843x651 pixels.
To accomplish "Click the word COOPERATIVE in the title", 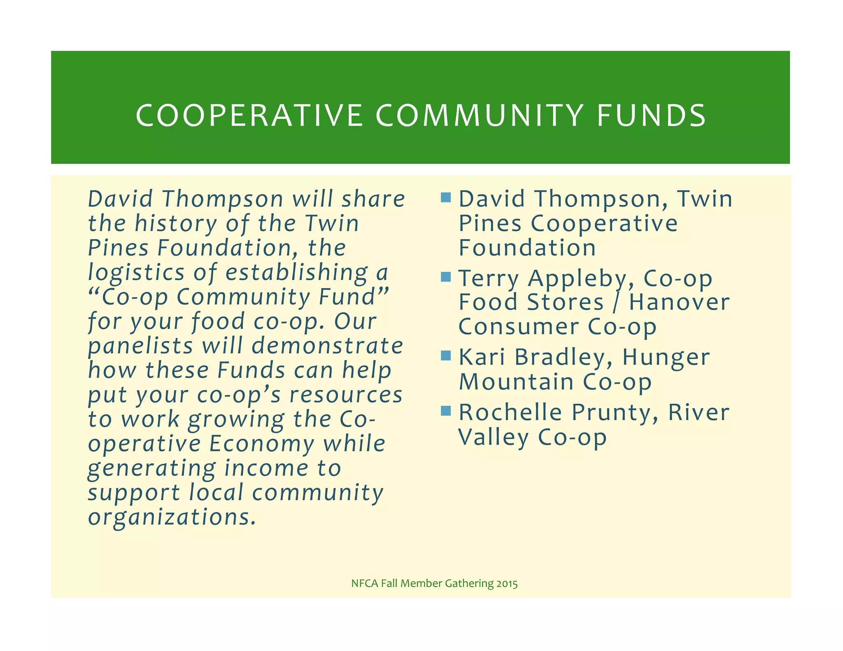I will [x=249, y=115].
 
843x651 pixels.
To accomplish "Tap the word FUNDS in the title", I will [x=651, y=115].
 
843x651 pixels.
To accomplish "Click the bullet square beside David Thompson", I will [x=446, y=198].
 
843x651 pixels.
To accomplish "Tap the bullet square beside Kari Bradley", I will [x=446, y=356].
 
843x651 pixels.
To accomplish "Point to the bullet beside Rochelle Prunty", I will [x=446, y=411].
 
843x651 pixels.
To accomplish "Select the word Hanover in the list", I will [x=679, y=302].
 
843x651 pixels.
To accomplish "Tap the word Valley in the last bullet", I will [x=494, y=437].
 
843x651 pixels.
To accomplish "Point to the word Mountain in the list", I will [x=516, y=382].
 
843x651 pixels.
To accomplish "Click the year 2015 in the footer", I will [x=507, y=584].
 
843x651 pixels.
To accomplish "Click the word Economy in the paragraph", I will [x=261, y=444].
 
